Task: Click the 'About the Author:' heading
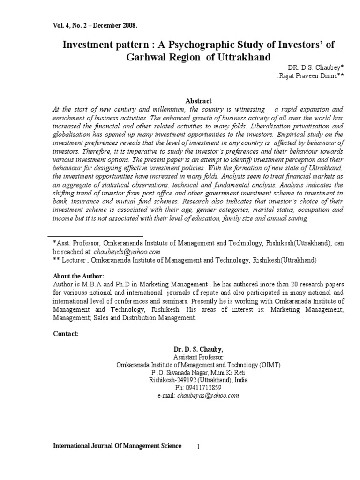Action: coord(78,275)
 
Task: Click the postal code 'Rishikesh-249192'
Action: coord(172,380)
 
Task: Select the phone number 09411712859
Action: coord(204,388)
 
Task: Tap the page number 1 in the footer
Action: coord(199,448)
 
